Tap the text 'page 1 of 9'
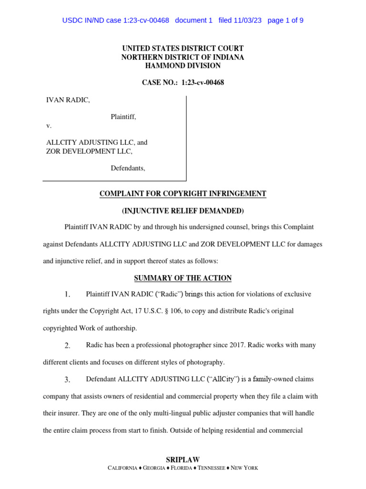click(x=285, y=20)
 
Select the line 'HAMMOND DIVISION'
click(x=183, y=65)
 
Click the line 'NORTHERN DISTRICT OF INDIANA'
click(x=183, y=57)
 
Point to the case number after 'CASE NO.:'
click(x=203, y=83)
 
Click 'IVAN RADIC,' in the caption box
click(x=67, y=100)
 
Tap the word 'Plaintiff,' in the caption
click(x=123, y=117)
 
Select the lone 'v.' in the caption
click(x=49, y=126)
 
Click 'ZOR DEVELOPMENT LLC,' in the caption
click(x=89, y=151)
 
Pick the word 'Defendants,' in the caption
click(x=128, y=168)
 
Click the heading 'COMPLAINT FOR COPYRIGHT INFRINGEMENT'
click(x=183, y=193)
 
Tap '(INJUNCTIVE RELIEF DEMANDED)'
click(x=183, y=211)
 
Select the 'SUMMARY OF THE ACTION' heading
click(x=183, y=278)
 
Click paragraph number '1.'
click(x=68, y=294)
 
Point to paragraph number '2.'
click(x=68, y=345)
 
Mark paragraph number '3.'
click(x=68, y=380)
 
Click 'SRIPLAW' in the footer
click(x=183, y=459)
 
